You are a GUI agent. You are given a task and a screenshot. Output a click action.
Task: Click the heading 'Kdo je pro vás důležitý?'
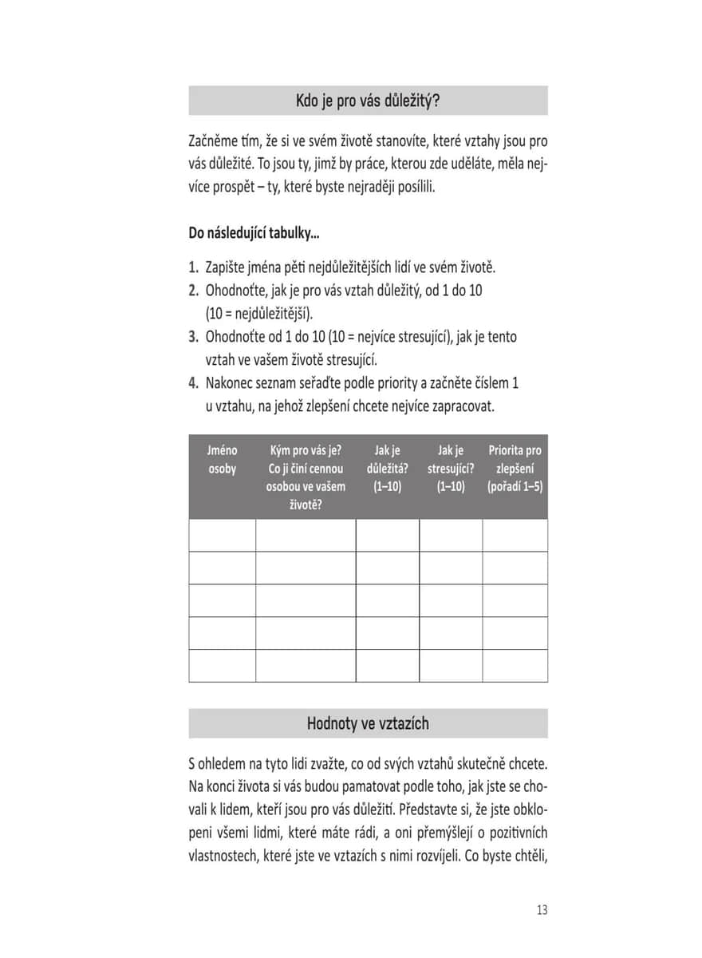368,101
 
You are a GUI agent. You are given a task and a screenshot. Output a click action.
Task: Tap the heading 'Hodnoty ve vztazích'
368,723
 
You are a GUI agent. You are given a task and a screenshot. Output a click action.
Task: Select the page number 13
542,910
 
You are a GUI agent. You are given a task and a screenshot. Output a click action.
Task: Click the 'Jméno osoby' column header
223,460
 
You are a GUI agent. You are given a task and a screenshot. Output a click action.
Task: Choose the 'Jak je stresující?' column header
451,468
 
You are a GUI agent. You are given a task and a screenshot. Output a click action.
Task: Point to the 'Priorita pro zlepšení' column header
515,468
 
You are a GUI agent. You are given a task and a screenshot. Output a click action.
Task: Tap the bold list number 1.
194,267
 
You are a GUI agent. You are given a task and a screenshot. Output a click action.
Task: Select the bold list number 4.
194,383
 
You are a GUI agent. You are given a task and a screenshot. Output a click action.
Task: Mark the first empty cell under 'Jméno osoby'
223,535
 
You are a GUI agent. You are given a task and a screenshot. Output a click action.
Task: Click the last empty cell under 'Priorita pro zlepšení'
515,665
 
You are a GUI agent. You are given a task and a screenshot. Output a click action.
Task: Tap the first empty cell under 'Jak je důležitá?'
387,535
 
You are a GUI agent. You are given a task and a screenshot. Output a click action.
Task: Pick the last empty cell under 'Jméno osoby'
223,665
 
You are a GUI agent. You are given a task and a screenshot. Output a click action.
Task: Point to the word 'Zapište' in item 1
224,267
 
